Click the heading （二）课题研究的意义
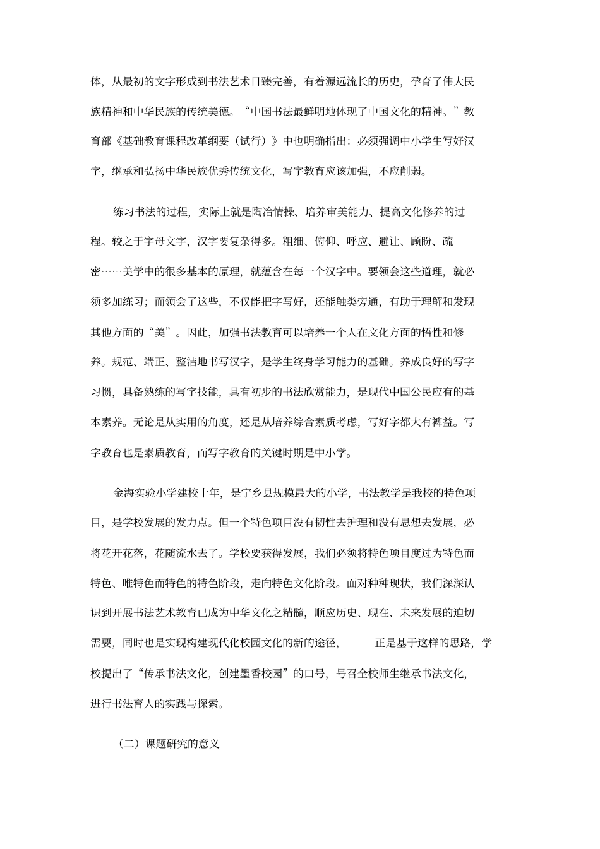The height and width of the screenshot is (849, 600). (168, 744)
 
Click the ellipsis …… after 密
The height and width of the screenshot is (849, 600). (112, 272)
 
